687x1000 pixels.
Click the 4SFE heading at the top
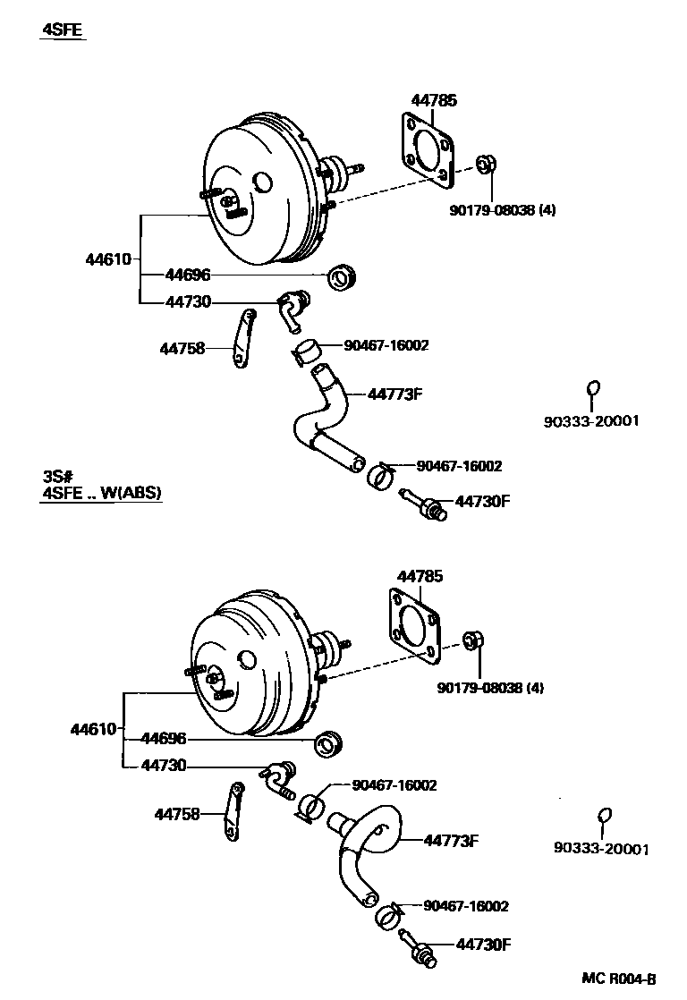[x=63, y=30]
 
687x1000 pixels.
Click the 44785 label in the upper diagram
[x=434, y=100]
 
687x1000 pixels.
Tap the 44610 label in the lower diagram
[x=93, y=729]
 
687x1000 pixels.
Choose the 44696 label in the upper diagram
[x=188, y=275]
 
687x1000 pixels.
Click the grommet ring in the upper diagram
[x=341, y=278]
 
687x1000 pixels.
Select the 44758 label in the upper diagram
[x=182, y=348]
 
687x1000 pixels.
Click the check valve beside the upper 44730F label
[x=425, y=504]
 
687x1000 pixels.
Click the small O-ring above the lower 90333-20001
[x=604, y=815]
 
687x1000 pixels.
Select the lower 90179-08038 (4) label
[x=490, y=687]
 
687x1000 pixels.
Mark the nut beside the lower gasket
[x=474, y=641]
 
